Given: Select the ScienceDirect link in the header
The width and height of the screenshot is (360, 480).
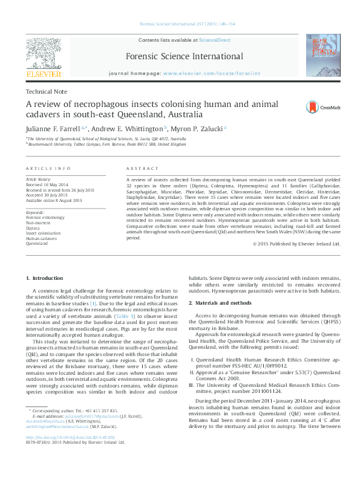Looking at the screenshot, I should (x=215, y=40).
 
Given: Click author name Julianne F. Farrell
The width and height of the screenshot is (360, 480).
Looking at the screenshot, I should (x=54, y=129).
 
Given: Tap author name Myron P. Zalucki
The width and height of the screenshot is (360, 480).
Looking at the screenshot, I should (x=195, y=129).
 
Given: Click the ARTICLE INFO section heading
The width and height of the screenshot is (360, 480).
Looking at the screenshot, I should (x=48, y=168).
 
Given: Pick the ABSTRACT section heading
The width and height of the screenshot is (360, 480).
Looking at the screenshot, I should (x=142, y=168).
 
